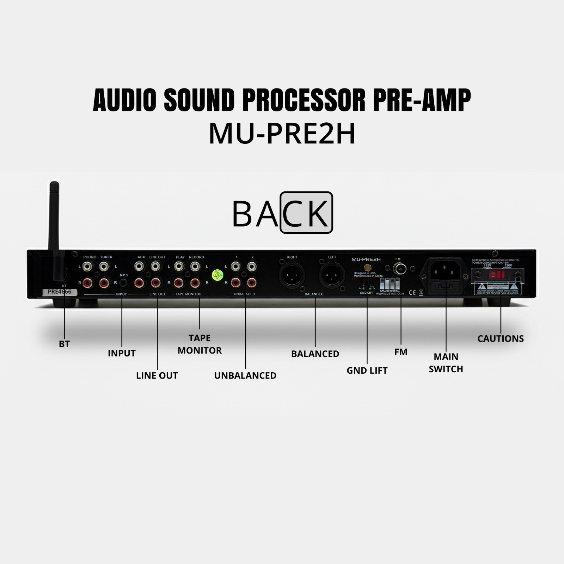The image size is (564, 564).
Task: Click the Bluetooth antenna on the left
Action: pos(55,219)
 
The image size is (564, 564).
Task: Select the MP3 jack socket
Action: pos(123,282)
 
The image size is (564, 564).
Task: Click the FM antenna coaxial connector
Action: pos(400,270)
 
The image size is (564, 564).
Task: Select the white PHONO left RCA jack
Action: pos(87,266)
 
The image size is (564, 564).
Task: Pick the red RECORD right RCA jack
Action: pos(196,283)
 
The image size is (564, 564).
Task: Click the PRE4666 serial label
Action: pos(59,292)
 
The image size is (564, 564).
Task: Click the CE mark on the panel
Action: pos(411,292)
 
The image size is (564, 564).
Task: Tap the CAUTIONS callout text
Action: pos(501,339)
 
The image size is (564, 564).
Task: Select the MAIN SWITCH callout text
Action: pos(446,363)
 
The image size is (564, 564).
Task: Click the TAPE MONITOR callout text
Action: pos(200,344)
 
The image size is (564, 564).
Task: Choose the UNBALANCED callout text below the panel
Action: pos(245,375)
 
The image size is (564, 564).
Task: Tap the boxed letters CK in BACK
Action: pos(306,213)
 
